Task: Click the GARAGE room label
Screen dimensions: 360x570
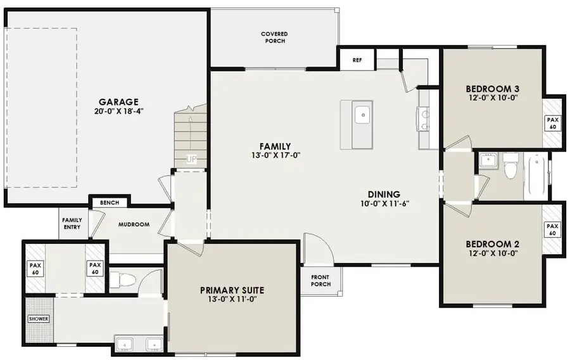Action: pyautogui.click(x=118, y=102)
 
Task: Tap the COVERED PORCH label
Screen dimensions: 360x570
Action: pyautogui.click(x=274, y=37)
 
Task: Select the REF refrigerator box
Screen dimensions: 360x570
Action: pyautogui.click(x=357, y=60)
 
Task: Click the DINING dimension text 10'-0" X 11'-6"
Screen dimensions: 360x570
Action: pyautogui.click(x=385, y=204)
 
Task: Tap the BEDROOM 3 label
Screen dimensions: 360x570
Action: pyautogui.click(x=492, y=88)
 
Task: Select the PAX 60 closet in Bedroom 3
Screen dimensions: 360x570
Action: pyautogui.click(x=552, y=123)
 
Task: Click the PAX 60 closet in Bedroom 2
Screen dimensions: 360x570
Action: pyautogui.click(x=552, y=229)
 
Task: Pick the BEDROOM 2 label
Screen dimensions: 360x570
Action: pyautogui.click(x=492, y=243)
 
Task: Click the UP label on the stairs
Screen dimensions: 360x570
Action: pyautogui.click(x=191, y=159)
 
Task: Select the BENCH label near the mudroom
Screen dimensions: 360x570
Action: pyautogui.click(x=110, y=203)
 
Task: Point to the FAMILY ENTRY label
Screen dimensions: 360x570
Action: pyautogui.click(x=72, y=224)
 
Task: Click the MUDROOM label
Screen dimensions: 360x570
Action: pyautogui.click(x=134, y=224)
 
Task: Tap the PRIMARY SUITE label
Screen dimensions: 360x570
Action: pyautogui.click(x=232, y=290)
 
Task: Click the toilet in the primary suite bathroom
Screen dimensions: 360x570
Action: pyautogui.click(x=120, y=278)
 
